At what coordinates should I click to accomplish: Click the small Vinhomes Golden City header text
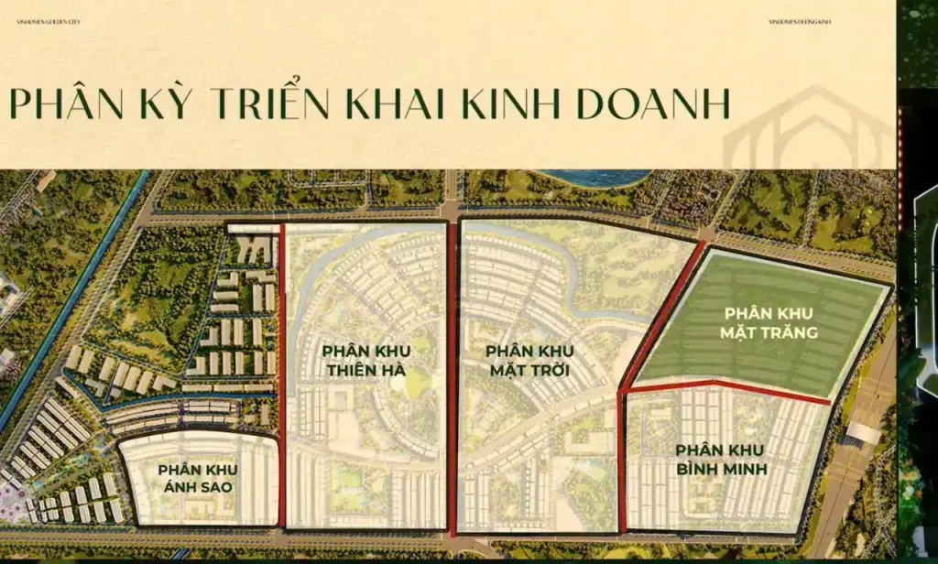pyautogui.click(x=49, y=21)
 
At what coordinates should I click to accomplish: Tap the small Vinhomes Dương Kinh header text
pyautogui.click(x=801, y=21)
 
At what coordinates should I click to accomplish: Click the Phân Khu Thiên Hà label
pyautogui.click(x=365, y=360)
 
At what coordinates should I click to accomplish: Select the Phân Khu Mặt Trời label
pyautogui.click(x=529, y=360)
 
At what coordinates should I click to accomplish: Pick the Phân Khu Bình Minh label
pyautogui.click(x=721, y=460)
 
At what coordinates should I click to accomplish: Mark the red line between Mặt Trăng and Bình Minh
pyautogui.click(x=724, y=388)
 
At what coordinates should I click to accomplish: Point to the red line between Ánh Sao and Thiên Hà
pyautogui.click(x=282, y=366)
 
